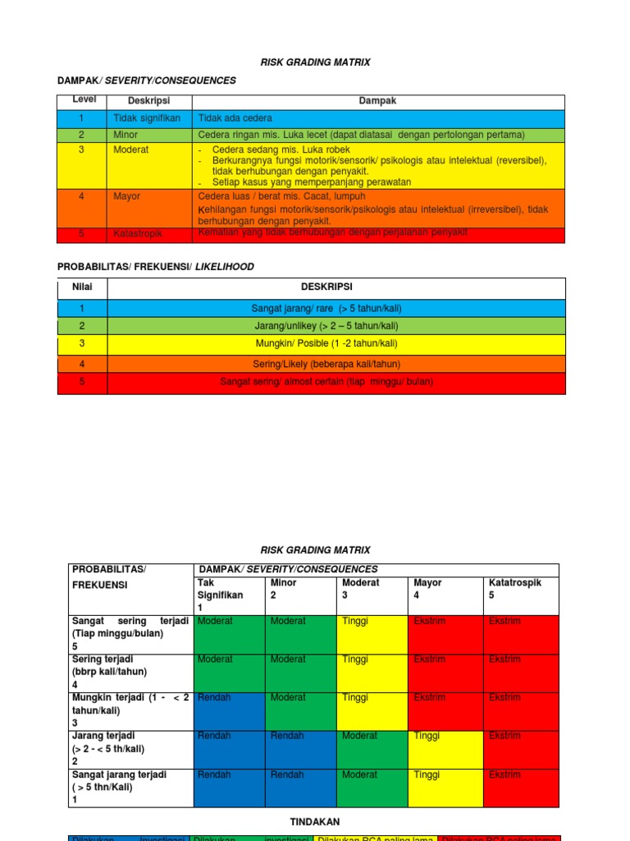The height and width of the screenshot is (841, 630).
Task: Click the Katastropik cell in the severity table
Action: pyautogui.click(x=138, y=234)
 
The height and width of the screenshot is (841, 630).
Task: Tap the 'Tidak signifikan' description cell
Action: pyautogui.click(x=147, y=118)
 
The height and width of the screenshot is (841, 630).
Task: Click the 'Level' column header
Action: pyautogui.click(x=83, y=100)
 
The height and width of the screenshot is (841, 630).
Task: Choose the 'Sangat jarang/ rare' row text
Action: pyautogui.click(x=326, y=309)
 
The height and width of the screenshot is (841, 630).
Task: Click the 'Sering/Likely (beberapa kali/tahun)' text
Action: pyautogui.click(x=326, y=363)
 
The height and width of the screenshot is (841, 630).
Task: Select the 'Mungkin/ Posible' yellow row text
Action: pyautogui.click(x=326, y=343)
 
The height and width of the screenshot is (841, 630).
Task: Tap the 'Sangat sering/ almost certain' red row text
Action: pyautogui.click(x=326, y=382)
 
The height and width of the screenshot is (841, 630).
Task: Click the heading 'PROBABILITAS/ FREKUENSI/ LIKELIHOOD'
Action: pyautogui.click(x=155, y=267)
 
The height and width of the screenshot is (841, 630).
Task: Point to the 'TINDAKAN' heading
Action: pyautogui.click(x=315, y=821)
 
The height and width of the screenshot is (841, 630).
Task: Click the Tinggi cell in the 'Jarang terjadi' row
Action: pyautogui.click(x=427, y=736)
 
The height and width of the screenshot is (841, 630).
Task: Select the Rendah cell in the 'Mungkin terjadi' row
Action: pyautogui.click(x=214, y=697)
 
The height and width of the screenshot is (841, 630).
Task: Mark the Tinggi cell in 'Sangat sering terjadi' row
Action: pyautogui.click(x=355, y=621)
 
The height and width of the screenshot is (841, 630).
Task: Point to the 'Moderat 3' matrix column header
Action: pyautogui.click(x=361, y=589)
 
